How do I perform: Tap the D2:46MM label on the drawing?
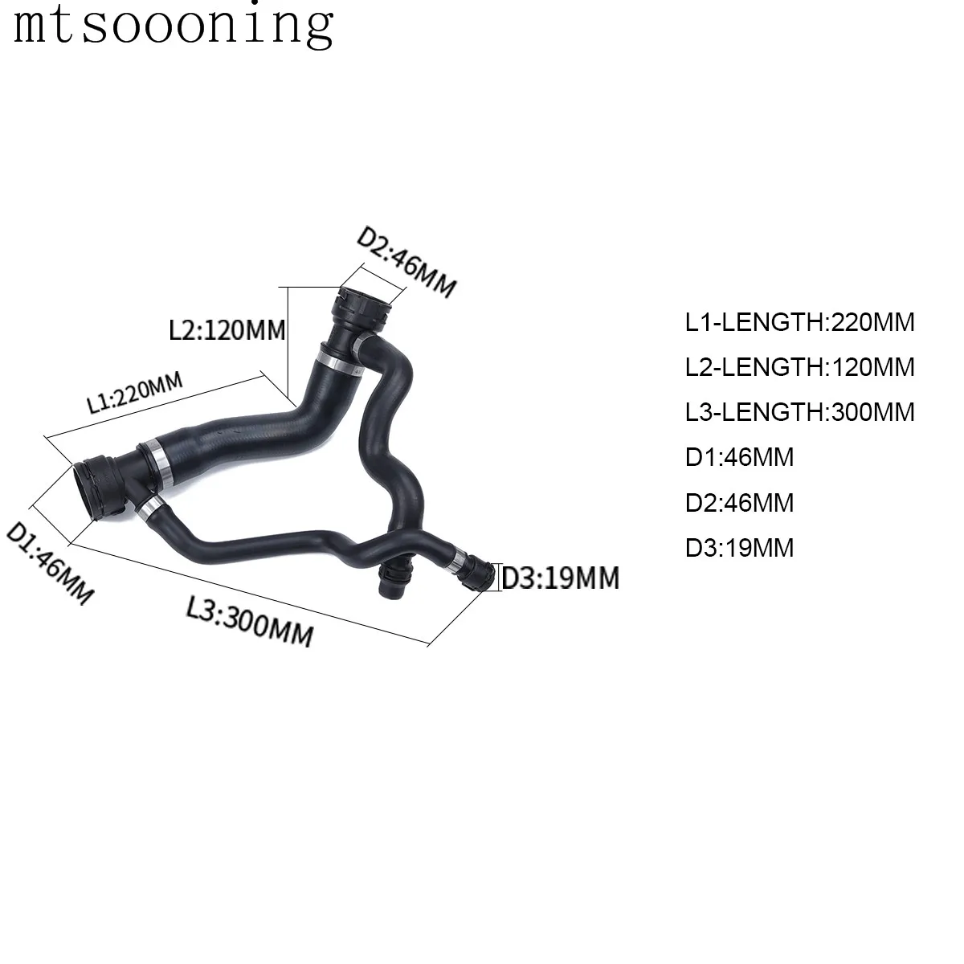coord(406,263)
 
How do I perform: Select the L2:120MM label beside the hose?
coord(227,330)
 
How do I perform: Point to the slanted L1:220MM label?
coord(135,393)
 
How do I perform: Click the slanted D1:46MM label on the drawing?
coord(50,562)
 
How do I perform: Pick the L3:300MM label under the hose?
coord(250,621)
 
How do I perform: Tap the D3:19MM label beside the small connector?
coord(560,578)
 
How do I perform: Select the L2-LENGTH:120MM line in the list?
coord(799,366)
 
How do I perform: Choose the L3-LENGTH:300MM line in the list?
coord(799,412)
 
